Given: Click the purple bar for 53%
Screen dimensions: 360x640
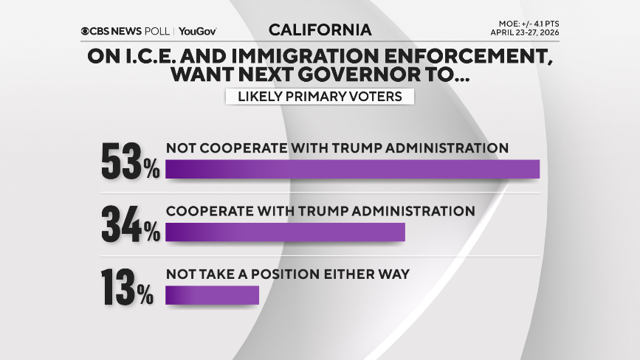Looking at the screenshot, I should point(353,168).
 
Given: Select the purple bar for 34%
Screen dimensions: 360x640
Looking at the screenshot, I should point(286,232).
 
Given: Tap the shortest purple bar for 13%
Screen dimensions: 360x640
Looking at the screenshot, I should point(213,295).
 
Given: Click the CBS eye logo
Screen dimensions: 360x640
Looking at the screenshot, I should point(87,31).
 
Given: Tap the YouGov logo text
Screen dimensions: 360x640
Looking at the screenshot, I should point(197,31).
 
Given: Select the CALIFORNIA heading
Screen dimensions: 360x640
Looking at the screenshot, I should point(320,30).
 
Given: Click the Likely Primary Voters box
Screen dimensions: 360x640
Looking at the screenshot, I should point(320,97).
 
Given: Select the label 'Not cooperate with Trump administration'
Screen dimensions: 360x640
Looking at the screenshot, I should point(337,148).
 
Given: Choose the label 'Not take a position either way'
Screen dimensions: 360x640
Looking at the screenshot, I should point(288,274).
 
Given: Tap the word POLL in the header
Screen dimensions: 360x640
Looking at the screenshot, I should point(157,31).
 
